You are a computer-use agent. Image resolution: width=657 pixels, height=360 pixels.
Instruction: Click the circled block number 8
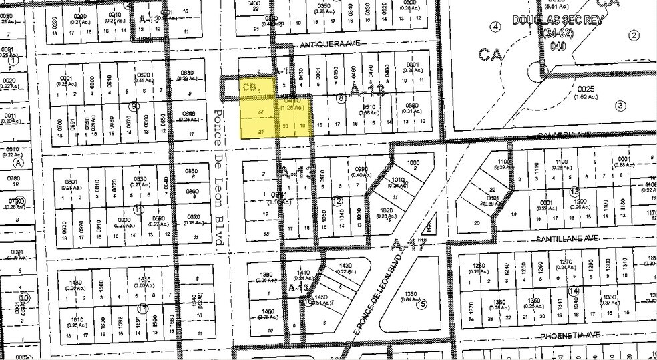pyautogui.click(x=341, y=99)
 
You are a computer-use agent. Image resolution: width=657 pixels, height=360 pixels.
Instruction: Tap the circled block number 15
pyautogui.click(x=421, y=304)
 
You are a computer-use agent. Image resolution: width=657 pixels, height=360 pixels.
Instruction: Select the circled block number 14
pyautogui.click(x=573, y=291)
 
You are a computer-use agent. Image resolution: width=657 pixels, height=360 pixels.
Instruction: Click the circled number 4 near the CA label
pyautogui.click(x=495, y=27)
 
